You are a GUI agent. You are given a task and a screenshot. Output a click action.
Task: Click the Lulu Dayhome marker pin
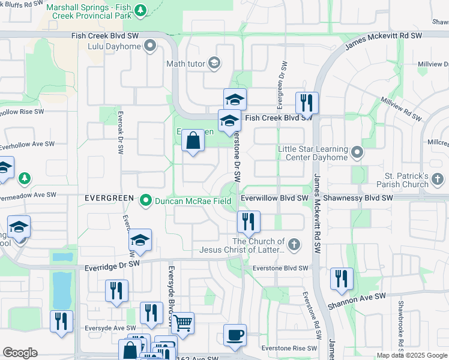[x=149, y=46]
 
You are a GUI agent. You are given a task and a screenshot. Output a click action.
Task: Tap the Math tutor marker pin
[x=214, y=63]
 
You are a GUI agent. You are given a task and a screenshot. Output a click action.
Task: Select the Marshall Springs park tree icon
[x=140, y=10]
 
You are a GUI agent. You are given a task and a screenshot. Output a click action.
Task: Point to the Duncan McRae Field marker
[x=145, y=202]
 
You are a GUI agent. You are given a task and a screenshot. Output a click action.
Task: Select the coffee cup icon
[x=235, y=335]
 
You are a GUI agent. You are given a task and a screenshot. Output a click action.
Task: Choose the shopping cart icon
[x=182, y=323]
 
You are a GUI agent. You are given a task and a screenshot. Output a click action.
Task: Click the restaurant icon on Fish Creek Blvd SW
[x=307, y=103]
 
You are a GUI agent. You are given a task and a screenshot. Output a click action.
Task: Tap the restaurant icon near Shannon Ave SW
[x=342, y=278]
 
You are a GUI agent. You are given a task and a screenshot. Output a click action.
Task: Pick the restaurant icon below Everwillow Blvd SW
[x=248, y=222]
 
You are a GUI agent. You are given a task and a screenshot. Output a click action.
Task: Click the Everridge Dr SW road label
[x=112, y=263]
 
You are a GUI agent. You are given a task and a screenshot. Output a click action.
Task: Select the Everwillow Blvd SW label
[x=274, y=197]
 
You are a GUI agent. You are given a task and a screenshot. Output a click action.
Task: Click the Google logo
[x=20, y=353]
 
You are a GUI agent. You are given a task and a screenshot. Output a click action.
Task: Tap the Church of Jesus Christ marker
[x=294, y=244]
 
